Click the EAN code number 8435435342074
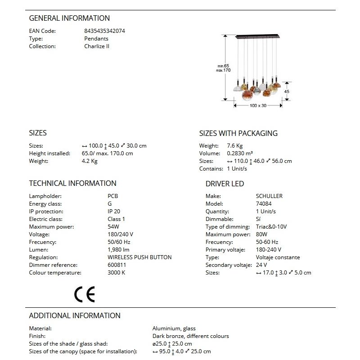(x=105, y=31)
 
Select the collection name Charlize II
(x=97, y=46)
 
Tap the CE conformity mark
(x=85, y=294)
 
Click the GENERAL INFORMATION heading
(x=69, y=18)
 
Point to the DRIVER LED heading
(x=225, y=184)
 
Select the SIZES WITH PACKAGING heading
(x=238, y=133)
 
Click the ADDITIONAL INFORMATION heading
(x=75, y=315)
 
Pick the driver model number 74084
(x=264, y=204)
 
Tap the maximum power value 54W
(x=114, y=227)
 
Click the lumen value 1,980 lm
(x=119, y=250)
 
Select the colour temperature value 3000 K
(x=116, y=273)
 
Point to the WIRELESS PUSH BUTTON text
(x=139, y=257)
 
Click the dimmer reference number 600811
(x=117, y=265)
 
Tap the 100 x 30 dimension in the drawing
(x=258, y=105)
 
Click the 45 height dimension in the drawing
(x=287, y=91)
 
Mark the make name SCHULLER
(x=269, y=196)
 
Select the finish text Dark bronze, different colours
(x=190, y=336)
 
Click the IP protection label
(x=46, y=211)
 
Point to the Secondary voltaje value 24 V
(x=262, y=265)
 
